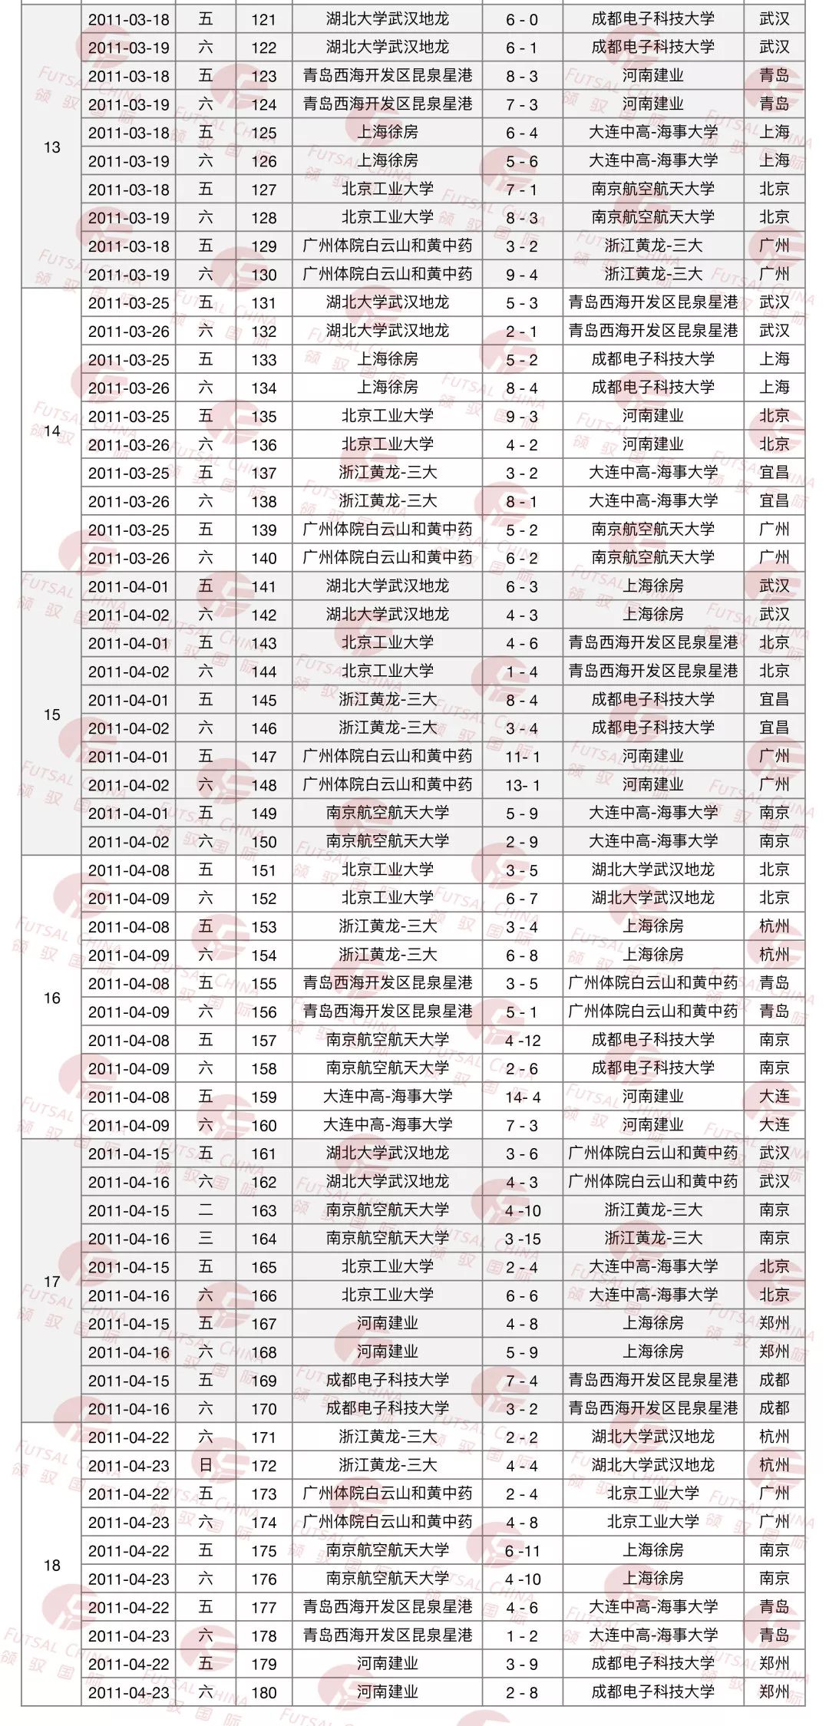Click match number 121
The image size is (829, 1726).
point(263,19)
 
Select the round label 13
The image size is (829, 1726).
point(51,147)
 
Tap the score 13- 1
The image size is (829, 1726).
point(522,785)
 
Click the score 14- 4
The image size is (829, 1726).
point(522,1097)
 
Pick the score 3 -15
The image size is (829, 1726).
point(522,1239)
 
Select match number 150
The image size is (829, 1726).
point(263,842)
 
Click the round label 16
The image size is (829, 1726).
point(51,998)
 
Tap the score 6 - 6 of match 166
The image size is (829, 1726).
point(522,1295)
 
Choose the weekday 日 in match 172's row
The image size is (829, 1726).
point(205,1466)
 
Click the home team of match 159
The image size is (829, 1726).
point(387,1097)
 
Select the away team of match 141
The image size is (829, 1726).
point(652,586)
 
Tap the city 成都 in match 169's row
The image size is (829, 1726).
point(774,1381)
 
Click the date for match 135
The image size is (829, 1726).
point(128,417)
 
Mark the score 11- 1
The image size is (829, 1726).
point(522,757)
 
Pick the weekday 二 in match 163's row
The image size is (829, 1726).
point(205,1210)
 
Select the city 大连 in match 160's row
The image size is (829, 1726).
point(774,1126)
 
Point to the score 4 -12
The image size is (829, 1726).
point(522,1041)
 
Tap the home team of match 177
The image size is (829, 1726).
point(387,1607)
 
